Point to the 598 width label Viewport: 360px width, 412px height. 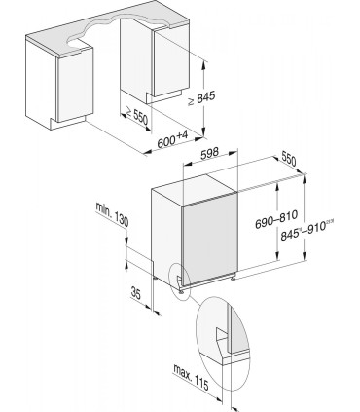pyautogui.click(x=207, y=153)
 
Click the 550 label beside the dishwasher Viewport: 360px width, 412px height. pyautogui.click(x=287, y=158)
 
